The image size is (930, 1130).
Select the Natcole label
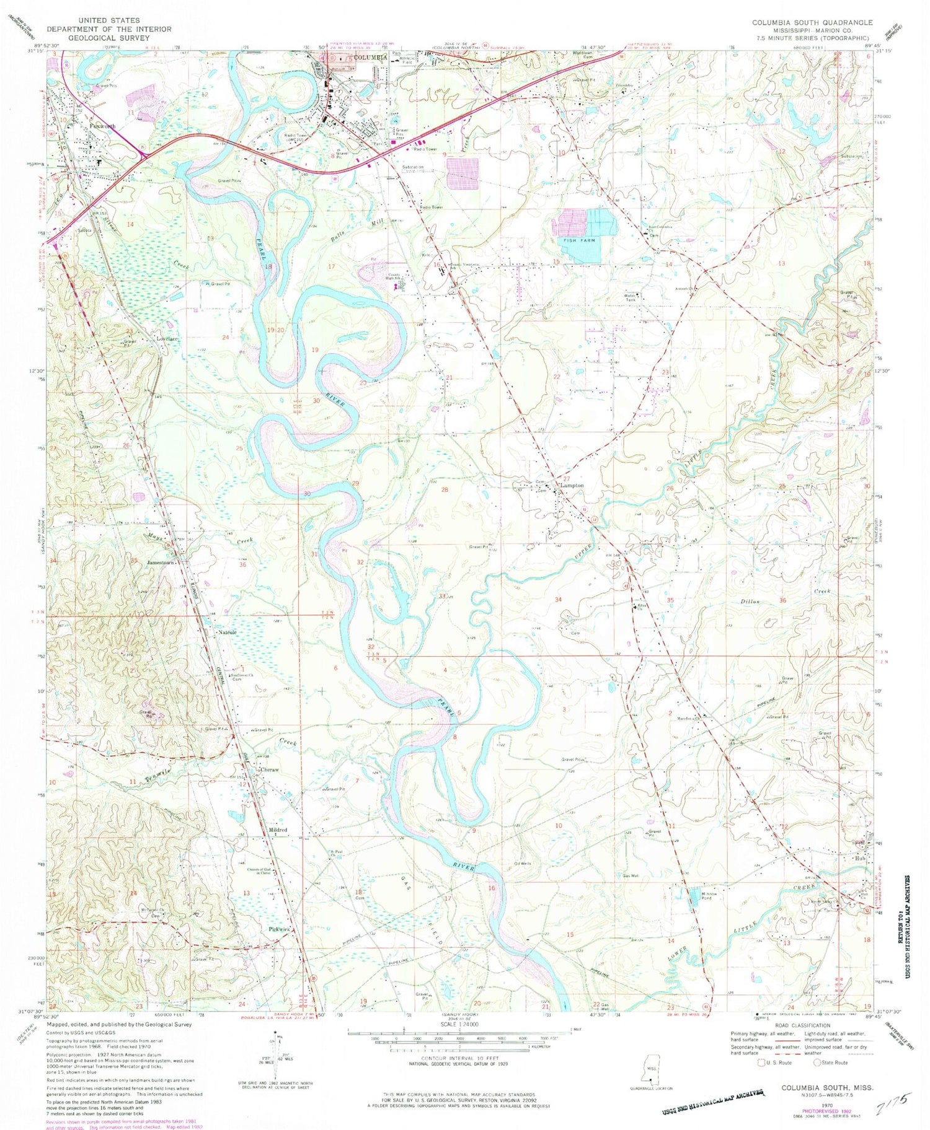pyautogui.click(x=228, y=633)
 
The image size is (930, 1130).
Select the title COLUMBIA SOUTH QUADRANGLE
pyautogui.click(x=812, y=22)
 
